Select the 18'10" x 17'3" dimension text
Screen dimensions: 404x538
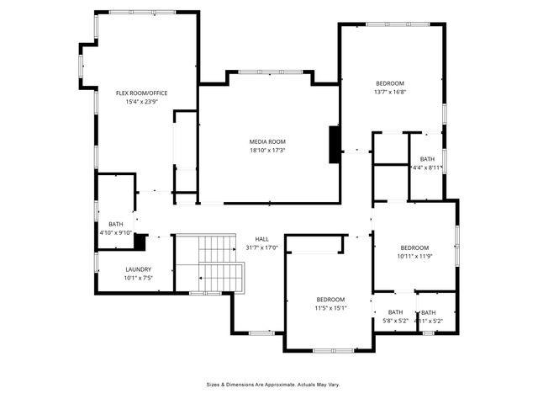click(x=267, y=150)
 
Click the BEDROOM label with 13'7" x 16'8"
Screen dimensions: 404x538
click(x=390, y=83)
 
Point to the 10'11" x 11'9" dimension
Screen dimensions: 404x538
click(x=413, y=256)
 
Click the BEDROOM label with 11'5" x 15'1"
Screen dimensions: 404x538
click(x=330, y=300)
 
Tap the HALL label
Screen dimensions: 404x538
click(x=261, y=239)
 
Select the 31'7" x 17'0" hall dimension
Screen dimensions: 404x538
click(x=261, y=247)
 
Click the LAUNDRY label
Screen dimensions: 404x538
click(x=138, y=269)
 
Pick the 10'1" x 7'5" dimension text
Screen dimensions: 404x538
click(x=138, y=278)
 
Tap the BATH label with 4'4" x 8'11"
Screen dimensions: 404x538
click(x=427, y=159)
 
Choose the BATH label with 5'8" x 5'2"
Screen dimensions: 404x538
click(x=395, y=312)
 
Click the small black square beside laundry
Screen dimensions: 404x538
click(x=140, y=242)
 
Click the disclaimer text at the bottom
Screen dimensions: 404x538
click(x=273, y=384)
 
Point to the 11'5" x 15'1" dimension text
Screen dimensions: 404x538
click(x=330, y=308)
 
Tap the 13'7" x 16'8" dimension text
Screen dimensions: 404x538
click(x=390, y=92)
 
